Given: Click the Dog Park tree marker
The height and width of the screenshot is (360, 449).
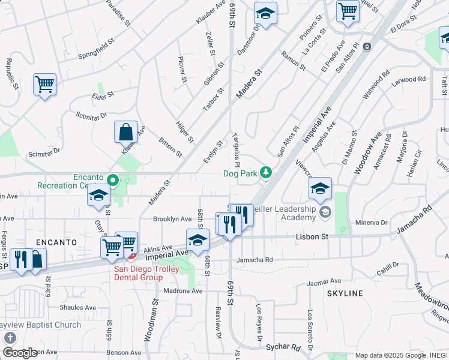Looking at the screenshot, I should point(265,173).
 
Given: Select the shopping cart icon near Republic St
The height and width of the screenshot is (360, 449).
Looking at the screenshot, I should point(44,84).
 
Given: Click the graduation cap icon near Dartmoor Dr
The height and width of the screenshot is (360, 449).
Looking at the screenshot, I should point(265,13).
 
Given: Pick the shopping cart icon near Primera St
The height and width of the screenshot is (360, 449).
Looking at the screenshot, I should point(348,11).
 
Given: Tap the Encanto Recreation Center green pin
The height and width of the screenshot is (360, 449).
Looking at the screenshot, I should point(112,179).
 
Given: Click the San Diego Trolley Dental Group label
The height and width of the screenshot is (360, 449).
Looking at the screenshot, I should point(137,273).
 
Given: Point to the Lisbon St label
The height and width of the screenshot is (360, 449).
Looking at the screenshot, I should point(312,237).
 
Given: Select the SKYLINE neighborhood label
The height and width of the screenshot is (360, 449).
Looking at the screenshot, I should point(345,293).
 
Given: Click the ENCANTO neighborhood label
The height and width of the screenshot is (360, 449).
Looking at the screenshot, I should point(56,242).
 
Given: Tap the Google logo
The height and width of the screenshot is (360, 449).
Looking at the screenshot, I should point(19,353).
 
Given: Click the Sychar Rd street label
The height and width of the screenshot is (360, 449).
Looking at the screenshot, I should point(283,347).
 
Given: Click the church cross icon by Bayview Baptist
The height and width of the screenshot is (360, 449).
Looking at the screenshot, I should point(10,338).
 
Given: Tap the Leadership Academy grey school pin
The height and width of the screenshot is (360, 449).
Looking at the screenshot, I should point(325,211).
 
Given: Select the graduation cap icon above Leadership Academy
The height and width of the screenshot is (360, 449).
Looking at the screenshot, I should point(320,189).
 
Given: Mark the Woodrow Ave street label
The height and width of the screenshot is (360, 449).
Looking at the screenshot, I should point(367,155).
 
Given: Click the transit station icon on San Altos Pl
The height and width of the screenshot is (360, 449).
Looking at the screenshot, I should point(367,46).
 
